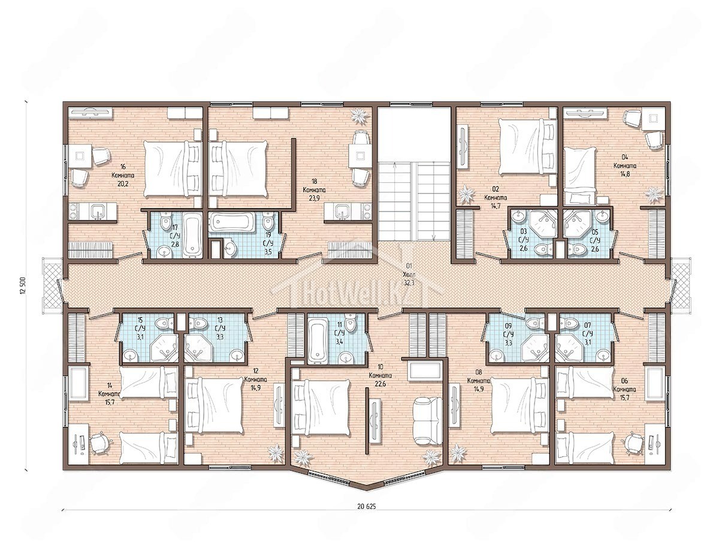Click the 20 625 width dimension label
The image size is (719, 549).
pos(367,506)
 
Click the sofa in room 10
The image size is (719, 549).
pos(428,421)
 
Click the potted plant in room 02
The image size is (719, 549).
pos(466,195)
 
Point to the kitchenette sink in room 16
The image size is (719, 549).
pos(98,212)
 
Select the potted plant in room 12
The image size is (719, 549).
pos(276,453)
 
